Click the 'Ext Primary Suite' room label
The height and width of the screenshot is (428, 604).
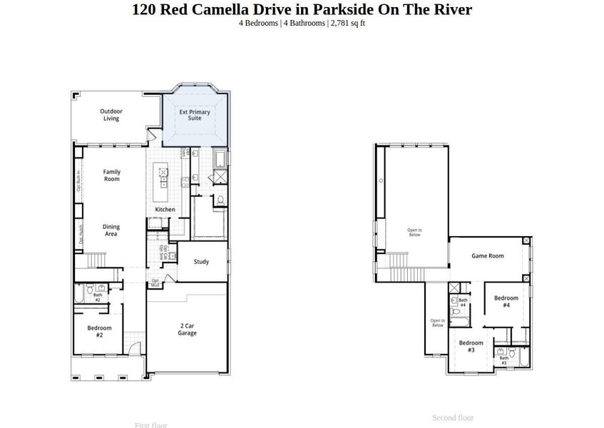pyautogui.click(x=195, y=115)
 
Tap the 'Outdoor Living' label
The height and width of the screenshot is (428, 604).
pyautogui.click(x=111, y=115)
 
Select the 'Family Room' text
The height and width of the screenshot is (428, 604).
pyautogui.click(x=111, y=175)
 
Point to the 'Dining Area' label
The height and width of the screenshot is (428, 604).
pyautogui.click(x=111, y=230)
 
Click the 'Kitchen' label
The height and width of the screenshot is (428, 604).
pyautogui.click(x=165, y=210)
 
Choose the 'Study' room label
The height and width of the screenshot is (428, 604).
pyautogui.click(x=202, y=262)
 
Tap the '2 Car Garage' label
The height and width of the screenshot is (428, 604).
pyautogui.click(x=187, y=330)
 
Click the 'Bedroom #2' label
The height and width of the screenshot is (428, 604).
pyautogui.click(x=100, y=332)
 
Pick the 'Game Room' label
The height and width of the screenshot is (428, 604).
pyautogui.click(x=488, y=256)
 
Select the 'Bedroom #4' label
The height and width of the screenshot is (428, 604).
pyautogui.click(x=506, y=302)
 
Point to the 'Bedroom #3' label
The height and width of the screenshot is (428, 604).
pyautogui.click(x=471, y=347)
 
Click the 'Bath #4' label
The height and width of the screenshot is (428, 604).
pyautogui.click(x=463, y=302)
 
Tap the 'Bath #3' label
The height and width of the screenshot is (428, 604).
pyautogui.click(x=503, y=360)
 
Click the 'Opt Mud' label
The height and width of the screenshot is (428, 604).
pyautogui.click(x=155, y=282)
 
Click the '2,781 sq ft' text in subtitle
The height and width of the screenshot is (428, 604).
pyautogui.click(x=348, y=23)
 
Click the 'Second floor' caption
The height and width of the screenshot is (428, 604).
pyautogui.click(x=453, y=417)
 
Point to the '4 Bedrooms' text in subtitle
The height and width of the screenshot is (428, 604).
pyautogui.click(x=258, y=23)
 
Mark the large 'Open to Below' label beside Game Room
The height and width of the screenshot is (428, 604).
pyautogui.click(x=414, y=232)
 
